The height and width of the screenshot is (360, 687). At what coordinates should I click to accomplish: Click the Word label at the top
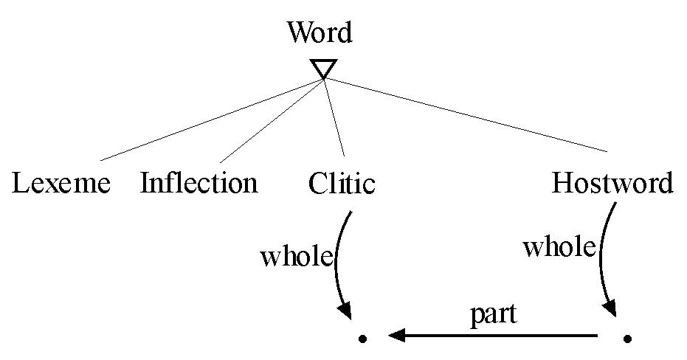[x=320, y=33]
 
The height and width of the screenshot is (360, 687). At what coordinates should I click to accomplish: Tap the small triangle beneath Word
[x=323, y=69]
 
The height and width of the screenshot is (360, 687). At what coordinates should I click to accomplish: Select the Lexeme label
[x=61, y=183]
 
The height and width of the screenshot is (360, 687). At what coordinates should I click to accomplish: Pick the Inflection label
[x=199, y=183]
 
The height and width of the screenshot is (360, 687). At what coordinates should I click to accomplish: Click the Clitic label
[x=342, y=183]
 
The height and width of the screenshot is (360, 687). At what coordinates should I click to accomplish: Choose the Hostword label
[x=612, y=183]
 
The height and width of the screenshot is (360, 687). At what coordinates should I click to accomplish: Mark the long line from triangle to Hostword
[x=465, y=115]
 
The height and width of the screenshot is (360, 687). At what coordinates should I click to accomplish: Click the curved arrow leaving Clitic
[x=337, y=258]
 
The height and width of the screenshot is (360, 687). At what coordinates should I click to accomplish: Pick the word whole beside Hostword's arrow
[x=559, y=247]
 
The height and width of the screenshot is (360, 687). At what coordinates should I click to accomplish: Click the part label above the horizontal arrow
[x=493, y=314]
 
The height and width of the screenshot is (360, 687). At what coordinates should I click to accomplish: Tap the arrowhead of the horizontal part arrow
[x=396, y=336]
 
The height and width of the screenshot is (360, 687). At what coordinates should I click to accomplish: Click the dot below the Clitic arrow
[x=362, y=339]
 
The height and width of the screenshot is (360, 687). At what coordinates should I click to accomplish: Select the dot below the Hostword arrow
[x=627, y=339]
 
